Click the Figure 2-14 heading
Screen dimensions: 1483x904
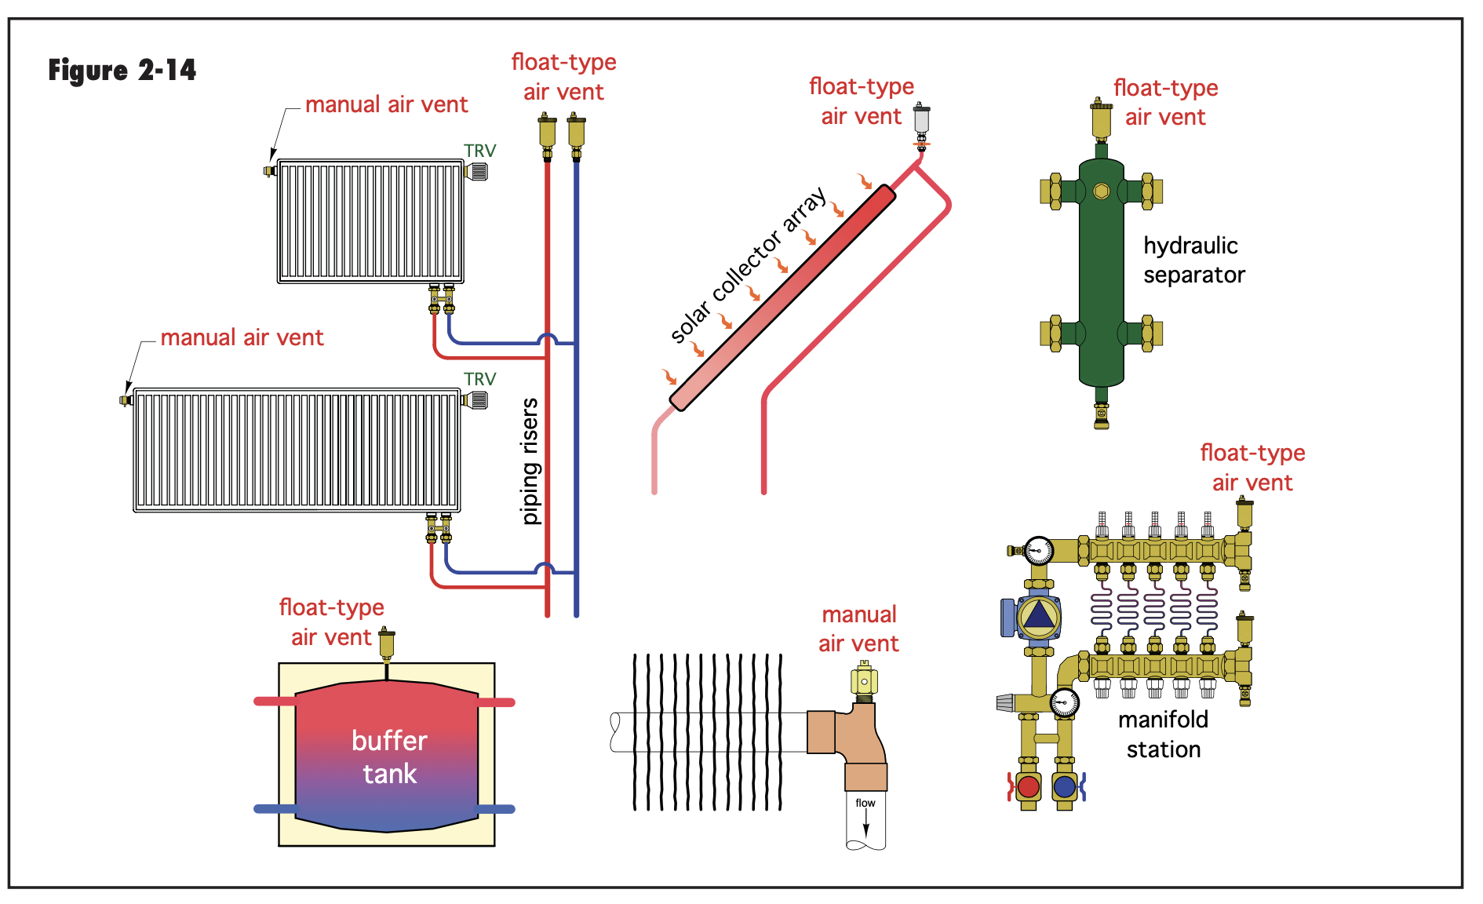(122, 71)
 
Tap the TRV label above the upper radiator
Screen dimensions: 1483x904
(479, 151)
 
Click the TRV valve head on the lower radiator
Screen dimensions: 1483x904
(476, 400)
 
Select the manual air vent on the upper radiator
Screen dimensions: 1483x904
(269, 170)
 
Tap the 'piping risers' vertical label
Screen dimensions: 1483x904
(530, 461)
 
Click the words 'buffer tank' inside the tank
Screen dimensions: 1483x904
(389, 756)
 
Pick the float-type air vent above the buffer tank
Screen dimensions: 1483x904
(386, 645)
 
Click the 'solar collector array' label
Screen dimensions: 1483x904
(749, 264)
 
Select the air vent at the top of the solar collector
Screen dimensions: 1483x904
(921, 126)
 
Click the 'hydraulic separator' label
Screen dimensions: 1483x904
(1193, 260)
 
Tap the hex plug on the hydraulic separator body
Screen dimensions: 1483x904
(1101, 191)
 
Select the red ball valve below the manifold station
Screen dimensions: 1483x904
(1028, 786)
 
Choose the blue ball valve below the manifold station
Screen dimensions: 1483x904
(1065, 786)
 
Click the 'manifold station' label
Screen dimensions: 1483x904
(1163, 734)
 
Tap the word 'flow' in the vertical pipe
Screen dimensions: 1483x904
(865, 803)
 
